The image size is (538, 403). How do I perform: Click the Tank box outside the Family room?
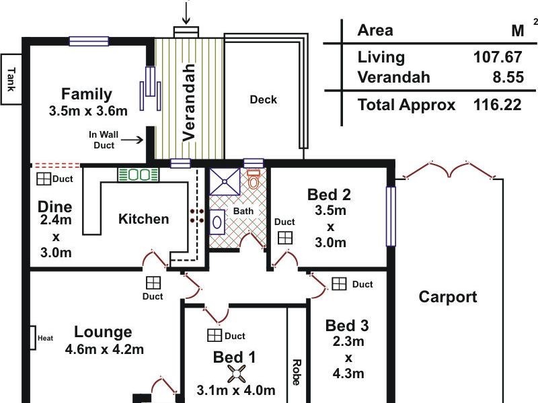[x=11, y=79]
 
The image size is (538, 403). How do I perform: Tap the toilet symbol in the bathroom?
[x=254, y=179]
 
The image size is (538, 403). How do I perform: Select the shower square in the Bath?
[x=225, y=181]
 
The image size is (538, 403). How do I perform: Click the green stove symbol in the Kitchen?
[x=139, y=175]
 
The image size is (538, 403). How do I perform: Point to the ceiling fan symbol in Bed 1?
[x=237, y=374]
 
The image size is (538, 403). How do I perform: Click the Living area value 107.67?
[x=498, y=57]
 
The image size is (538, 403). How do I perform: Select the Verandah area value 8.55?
[x=508, y=77]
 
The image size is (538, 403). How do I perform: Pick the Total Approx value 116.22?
[x=498, y=105]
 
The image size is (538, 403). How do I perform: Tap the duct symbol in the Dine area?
[x=44, y=179]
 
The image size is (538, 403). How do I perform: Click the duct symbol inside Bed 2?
[x=285, y=238]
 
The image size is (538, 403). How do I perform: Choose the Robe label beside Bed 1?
[x=297, y=372]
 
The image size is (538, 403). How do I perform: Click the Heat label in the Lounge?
[x=45, y=339]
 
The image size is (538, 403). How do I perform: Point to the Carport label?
[x=448, y=297]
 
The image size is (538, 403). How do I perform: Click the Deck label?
[x=263, y=99]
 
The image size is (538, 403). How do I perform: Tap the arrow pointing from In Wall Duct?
[x=132, y=140]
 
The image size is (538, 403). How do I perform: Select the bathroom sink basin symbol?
[x=217, y=222]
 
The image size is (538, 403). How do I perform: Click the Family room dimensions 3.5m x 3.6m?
[x=88, y=111]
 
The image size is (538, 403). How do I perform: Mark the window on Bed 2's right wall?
[x=391, y=216]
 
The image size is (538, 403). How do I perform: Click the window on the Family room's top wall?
[x=89, y=42]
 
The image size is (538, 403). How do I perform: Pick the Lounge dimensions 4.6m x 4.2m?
[x=104, y=349]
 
